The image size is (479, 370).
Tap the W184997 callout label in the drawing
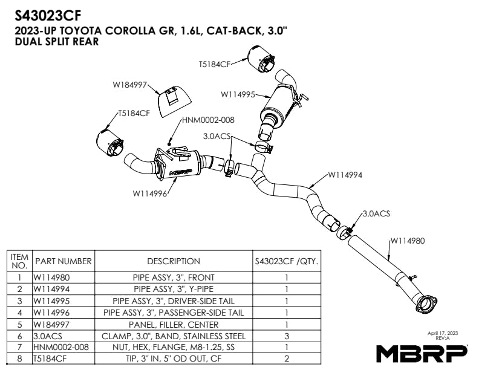130,85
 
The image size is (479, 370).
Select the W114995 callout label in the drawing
238,94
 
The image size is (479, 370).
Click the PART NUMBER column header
63,261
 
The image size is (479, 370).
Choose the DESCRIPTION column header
173,261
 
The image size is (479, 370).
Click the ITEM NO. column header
19,261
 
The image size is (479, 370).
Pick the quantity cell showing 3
286,336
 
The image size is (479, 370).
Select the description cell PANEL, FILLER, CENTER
173,324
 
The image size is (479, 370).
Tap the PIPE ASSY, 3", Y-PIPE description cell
173,290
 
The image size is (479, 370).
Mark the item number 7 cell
19,347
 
